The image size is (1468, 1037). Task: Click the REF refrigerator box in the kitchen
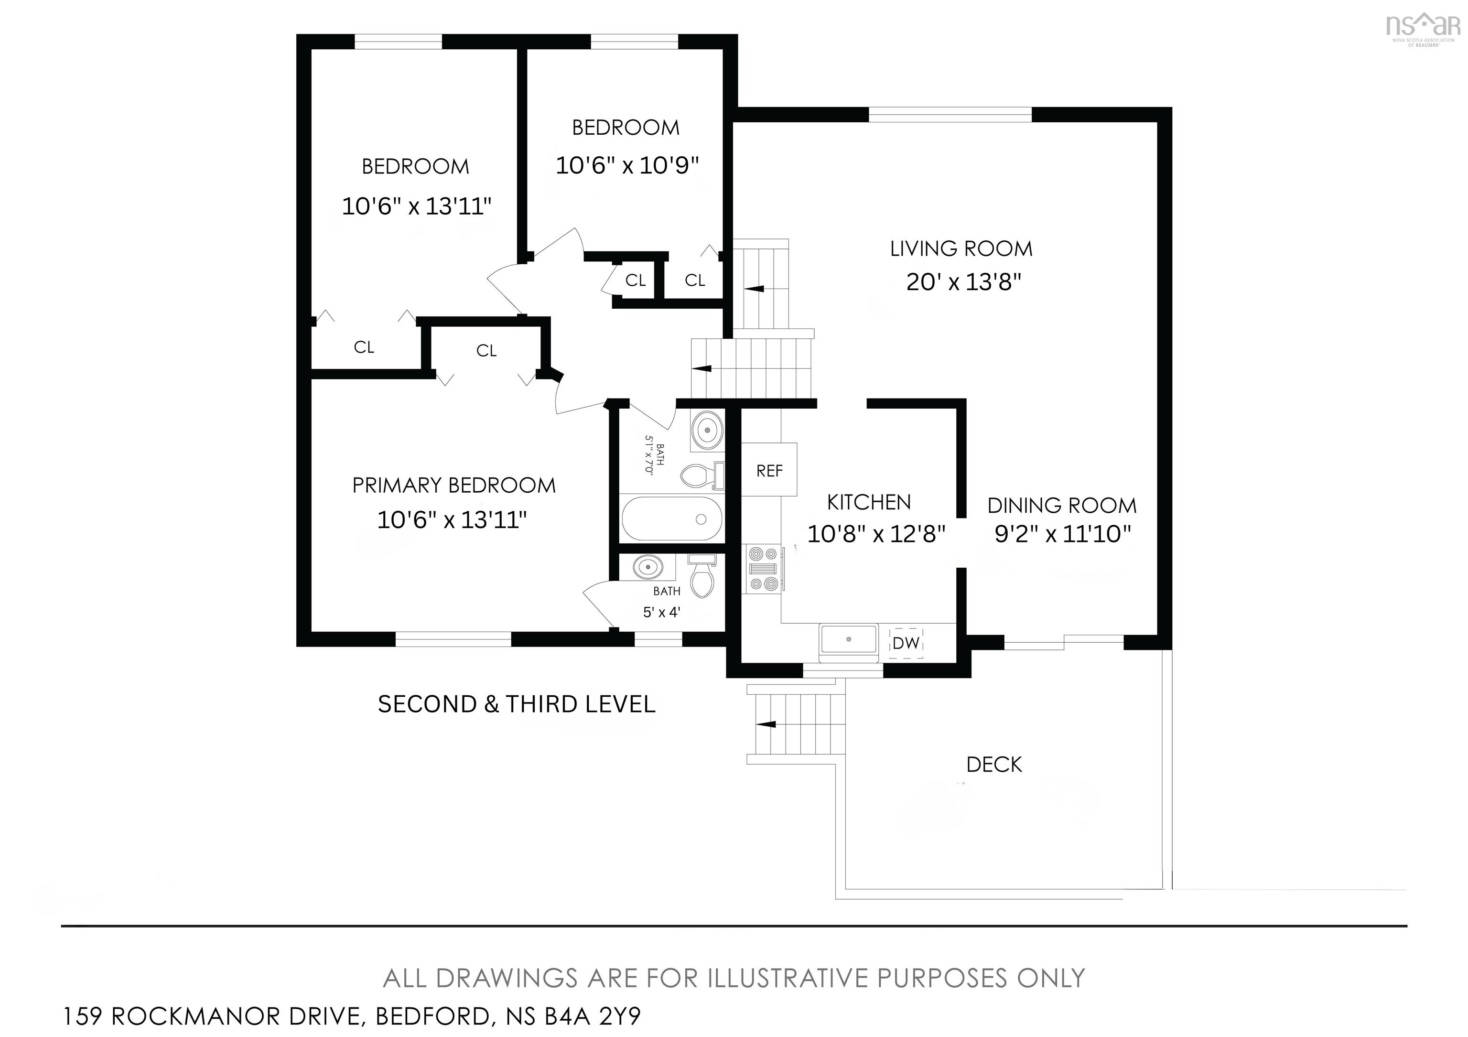tap(769, 469)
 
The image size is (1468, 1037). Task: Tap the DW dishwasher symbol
tap(906, 643)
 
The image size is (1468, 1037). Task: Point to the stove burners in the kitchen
tap(763, 568)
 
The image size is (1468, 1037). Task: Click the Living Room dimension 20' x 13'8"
tap(963, 282)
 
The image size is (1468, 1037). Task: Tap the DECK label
tap(994, 765)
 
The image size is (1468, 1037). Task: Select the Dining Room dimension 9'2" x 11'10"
tap(1063, 534)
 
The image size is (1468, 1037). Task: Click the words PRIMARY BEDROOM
tap(454, 485)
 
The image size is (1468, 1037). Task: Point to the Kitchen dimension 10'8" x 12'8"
tap(876, 534)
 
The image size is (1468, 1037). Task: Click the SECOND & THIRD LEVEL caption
tap(517, 704)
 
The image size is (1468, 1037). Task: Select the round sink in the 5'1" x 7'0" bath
tap(708, 430)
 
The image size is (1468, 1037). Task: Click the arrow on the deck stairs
tap(766, 724)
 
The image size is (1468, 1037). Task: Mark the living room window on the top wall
tap(950, 114)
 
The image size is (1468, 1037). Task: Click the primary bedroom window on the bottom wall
tap(453, 639)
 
